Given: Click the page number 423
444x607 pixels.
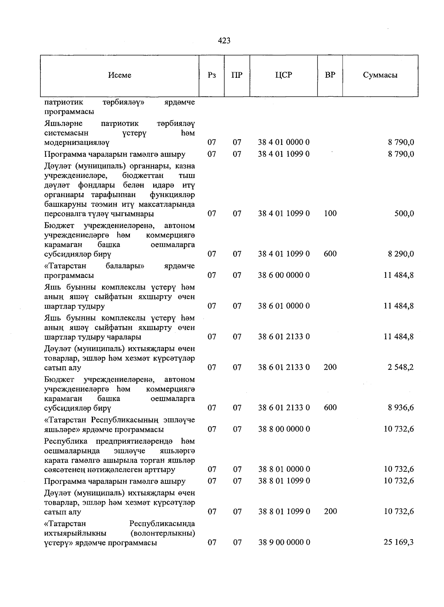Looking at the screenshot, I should [x=224, y=41].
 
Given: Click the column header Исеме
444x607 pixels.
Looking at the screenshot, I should [x=120, y=75].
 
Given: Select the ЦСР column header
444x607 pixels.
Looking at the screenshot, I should [x=283, y=75].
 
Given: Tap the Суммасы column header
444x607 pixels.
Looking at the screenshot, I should [x=380, y=75].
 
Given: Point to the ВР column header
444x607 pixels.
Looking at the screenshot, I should [x=330, y=75].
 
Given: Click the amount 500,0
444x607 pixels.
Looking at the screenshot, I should [x=404, y=214].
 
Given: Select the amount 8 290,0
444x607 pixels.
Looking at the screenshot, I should [x=401, y=254].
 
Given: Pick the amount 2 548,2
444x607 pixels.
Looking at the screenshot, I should [x=401, y=368].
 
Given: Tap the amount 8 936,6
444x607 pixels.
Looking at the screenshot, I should [x=401, y=408].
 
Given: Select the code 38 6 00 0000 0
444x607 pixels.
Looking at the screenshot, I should [x=284, y=275].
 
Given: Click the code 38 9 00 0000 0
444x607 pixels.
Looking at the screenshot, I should [x=284, y=543].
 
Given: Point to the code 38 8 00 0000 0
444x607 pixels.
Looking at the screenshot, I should [x=284, y=429].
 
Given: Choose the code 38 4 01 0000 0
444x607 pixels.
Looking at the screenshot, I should [x=284, y=142].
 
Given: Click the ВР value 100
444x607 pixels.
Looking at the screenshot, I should [x=330, y=214].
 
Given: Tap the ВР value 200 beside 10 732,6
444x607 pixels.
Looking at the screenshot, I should [x=330, y=512].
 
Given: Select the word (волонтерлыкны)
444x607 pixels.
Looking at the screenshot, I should [x=163, y=533].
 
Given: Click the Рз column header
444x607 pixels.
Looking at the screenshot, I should [x=212, y=75].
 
